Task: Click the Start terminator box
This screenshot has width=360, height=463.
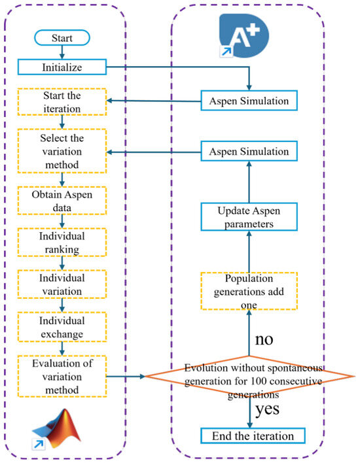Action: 62,38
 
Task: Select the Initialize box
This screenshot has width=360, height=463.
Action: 62,67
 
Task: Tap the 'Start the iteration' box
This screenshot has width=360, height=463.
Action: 62,102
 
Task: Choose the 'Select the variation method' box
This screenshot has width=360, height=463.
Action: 62,151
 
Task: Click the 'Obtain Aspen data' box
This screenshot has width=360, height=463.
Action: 62,201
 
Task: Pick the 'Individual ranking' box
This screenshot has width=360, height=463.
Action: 62,242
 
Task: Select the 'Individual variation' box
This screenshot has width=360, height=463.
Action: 62,284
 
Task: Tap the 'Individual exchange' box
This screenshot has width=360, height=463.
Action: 62,327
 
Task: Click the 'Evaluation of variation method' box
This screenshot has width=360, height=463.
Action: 62,377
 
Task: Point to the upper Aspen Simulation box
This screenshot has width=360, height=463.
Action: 249,101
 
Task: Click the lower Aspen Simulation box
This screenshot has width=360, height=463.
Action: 249,151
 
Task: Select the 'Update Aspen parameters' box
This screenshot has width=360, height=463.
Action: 249,216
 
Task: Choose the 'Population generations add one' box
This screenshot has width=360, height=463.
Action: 249,291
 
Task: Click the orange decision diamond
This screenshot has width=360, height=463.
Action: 250,376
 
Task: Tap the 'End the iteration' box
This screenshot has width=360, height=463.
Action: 253,436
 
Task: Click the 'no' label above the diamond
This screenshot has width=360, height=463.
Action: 264,339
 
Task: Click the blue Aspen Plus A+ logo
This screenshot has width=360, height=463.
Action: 244,35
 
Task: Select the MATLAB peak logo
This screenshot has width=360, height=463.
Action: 56,429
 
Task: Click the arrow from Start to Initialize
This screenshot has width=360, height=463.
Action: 62,52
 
